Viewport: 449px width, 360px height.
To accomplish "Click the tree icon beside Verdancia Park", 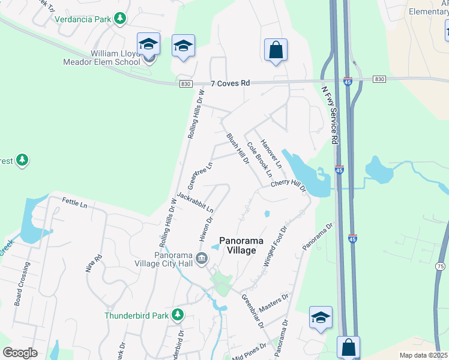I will pyautogui.click(x=121, y=19).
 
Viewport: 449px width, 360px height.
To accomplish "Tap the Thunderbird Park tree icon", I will pyautogui.click(x=177, y=314).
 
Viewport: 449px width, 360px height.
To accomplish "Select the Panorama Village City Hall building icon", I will pyautogui.click(x=202, y=259).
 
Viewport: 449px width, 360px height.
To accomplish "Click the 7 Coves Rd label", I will pyautogui.click(x=230, y=85).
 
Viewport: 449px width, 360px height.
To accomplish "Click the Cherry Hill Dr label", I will pyautogui.click(x=288, y=187).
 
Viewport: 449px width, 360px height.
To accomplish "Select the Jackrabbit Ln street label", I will pyautogui.click(x=196, y=202).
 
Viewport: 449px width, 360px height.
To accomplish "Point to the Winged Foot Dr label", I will pyautogui.click(x=276, y=246).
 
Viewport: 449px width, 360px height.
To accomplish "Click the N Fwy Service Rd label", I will pyautogui.click(x=330, y=115).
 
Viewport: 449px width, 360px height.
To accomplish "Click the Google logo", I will pyautogui.click(x=20, y=353).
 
